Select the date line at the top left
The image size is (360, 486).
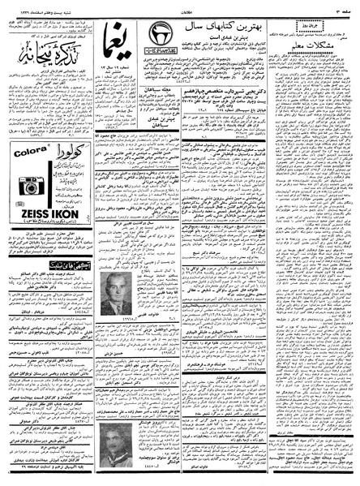tap(32, 6)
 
